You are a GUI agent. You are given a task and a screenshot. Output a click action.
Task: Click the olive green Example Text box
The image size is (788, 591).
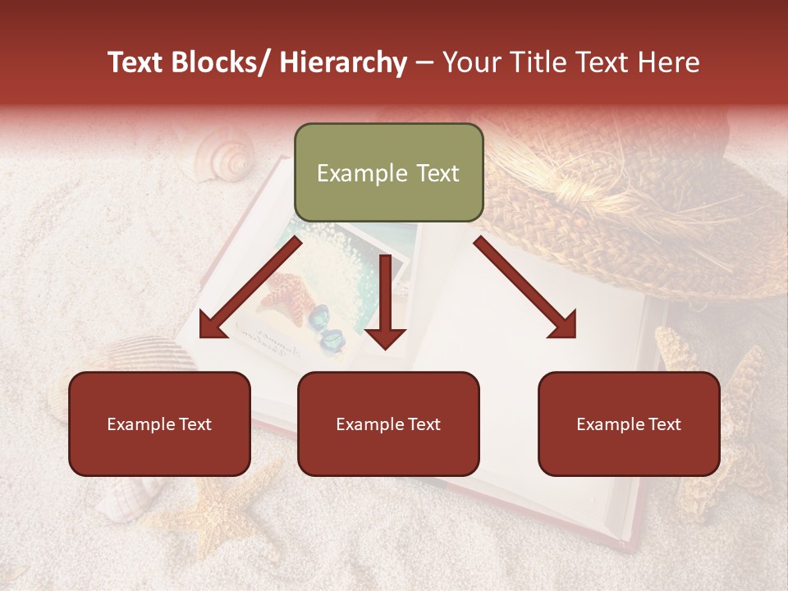[388, 173]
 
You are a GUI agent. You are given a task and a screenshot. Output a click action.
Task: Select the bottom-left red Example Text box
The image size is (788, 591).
[159, 424]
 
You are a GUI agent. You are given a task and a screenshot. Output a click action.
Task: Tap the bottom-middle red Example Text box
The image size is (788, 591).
[388, 424]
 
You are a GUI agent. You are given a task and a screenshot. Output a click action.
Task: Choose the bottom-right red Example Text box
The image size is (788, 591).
[629, 424]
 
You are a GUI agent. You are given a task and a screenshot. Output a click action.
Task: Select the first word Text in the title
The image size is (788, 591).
[136, 62]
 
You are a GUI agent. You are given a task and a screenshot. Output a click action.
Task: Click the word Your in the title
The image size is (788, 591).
[468, 62]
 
